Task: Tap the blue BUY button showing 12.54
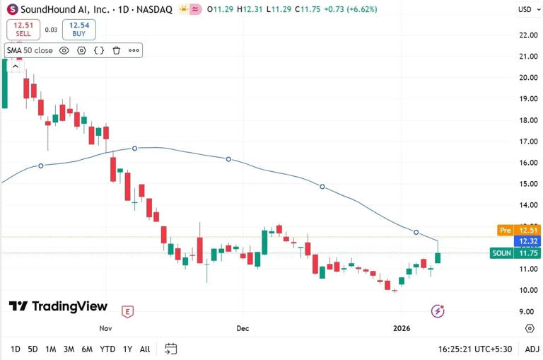(x=78, y=29)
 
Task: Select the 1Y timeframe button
(x=127, y=349)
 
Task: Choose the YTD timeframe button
(x=107, y=349)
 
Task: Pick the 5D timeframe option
(x=33, y=349)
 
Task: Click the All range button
(x=145, y=349)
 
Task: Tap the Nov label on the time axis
(x=106, y=328)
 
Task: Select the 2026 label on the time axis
(x=401, y=328)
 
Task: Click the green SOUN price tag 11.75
(x=515, y=253)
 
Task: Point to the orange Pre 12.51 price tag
(x=515, y=230)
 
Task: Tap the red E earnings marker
(x=128, y=311)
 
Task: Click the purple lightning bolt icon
(x=438, y=311)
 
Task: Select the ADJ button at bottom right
(x=532, y=349)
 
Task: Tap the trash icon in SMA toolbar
(x=116, y=50)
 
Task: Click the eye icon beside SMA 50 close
(x=64, y=50)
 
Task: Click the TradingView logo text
(x=59, y=306)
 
